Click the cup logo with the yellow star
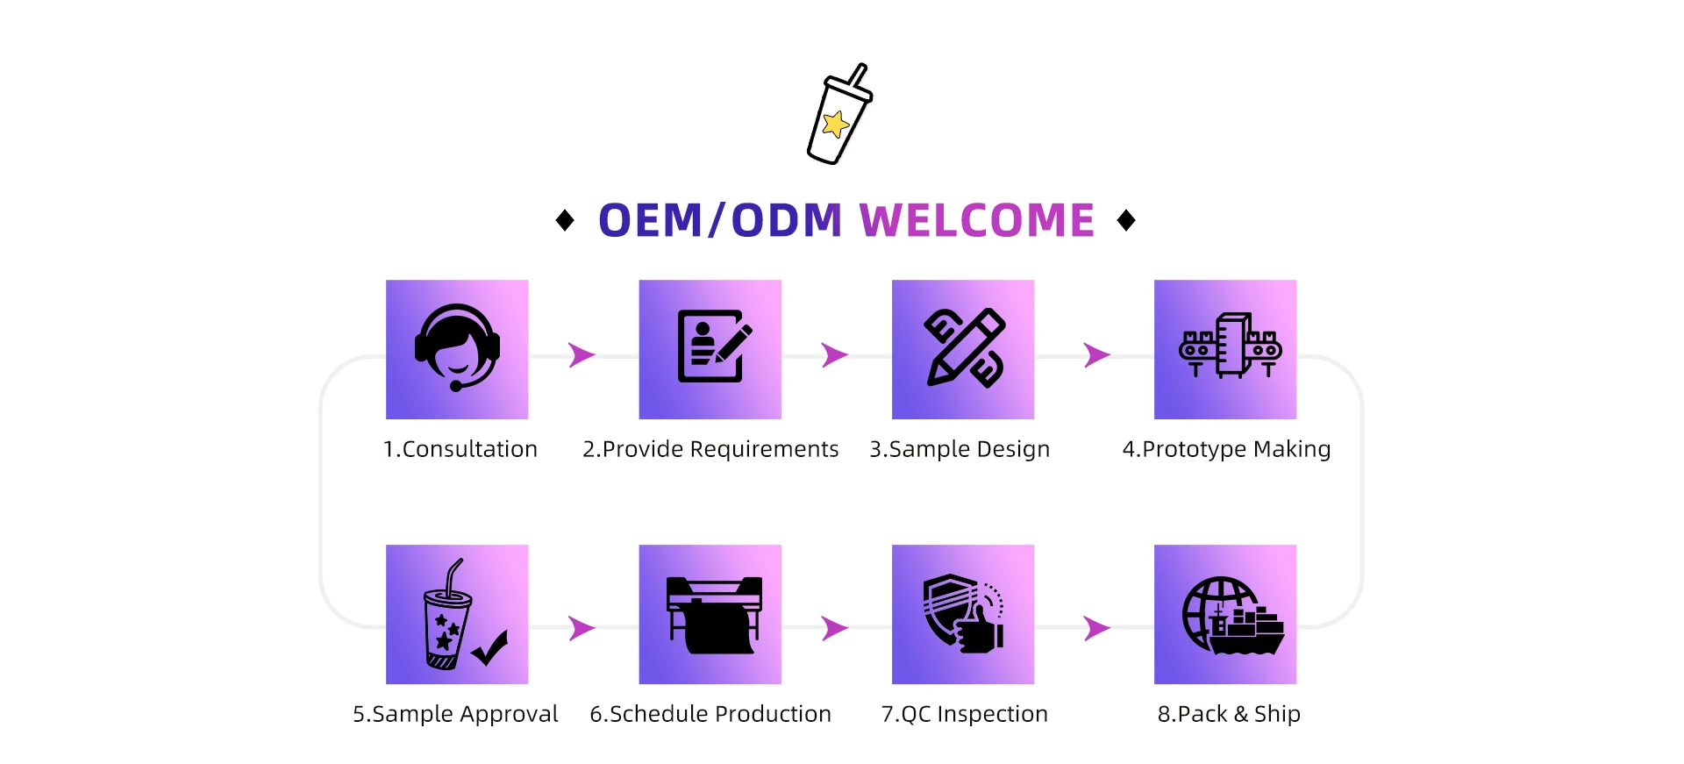(838, 115)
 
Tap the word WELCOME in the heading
(976, 220)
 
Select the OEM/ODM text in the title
(719, 220)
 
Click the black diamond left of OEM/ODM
(565, 220)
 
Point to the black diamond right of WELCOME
(1126, 220)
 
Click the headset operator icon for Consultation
(457, 348)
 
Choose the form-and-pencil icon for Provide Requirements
(713, 347)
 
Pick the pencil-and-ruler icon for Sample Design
(964, 347)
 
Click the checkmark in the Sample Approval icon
(490, 648)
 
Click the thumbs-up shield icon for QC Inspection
(963, 613)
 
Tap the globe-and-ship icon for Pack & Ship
(1231, 616)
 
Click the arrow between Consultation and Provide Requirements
(582, 355)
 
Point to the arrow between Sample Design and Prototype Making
(1096, 355)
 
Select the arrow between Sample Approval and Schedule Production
(582, 628)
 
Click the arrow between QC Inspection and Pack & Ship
(1096, 628)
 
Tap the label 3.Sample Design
(960, 449)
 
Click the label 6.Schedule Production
(710, 714)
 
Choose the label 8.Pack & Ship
(1229, 714)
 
